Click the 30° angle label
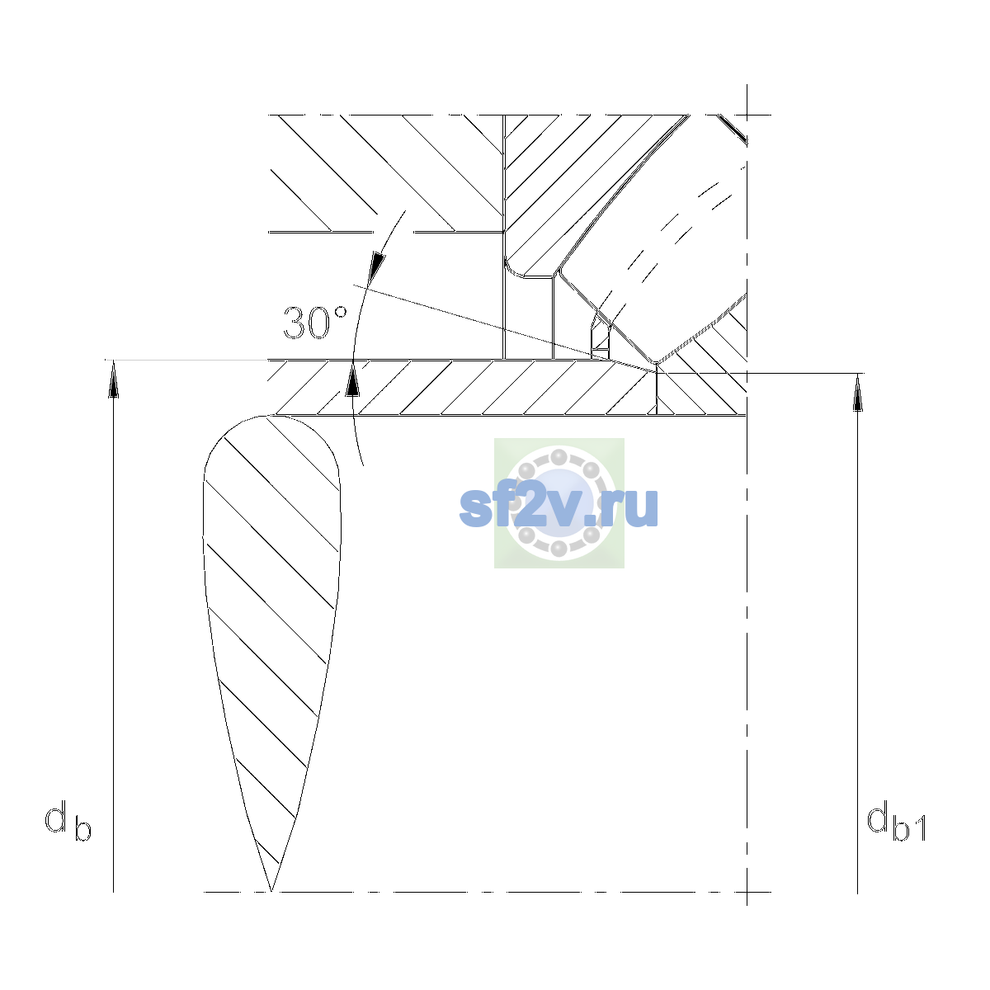[315, 323]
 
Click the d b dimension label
[68, 821]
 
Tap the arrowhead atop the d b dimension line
[114, 378]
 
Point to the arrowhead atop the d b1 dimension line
[857, 392]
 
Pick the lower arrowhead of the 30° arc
[352, 378]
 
